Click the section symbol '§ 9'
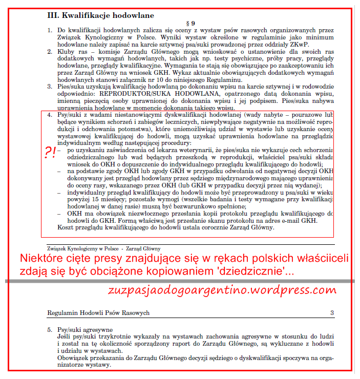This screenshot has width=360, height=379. (189, 24)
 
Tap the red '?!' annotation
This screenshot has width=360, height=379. (49, 153)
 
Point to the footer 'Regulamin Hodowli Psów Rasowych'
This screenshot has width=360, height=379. (98, 312)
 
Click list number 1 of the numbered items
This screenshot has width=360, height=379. (50, 31)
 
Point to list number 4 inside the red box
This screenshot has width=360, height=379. (50, 115)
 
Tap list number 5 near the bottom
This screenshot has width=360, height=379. (50, 329)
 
